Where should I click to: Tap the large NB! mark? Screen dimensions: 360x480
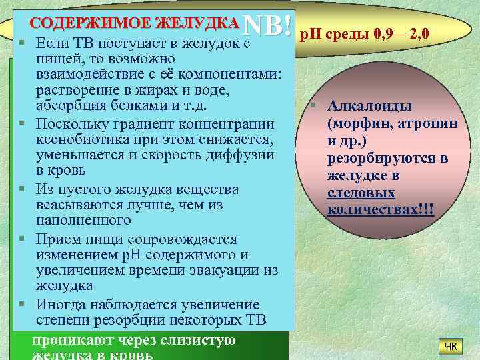coord(269,25)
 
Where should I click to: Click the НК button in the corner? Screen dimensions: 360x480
coord(450,346)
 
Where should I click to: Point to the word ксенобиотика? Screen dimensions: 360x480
coord(79,140)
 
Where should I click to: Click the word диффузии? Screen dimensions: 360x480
coord(242,156)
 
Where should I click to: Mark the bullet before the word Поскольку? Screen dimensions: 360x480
coord(22,124)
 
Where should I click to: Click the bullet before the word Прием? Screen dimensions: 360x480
coord(22,238)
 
